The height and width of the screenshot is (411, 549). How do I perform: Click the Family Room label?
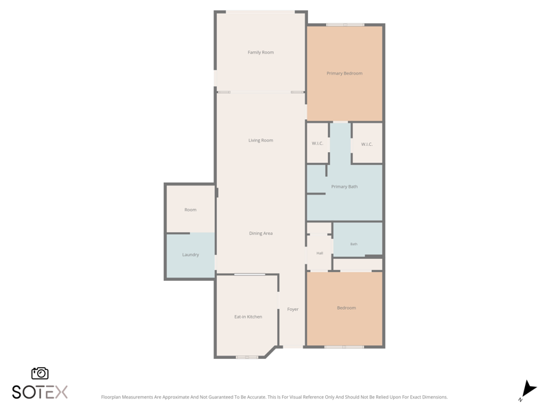tap(261, 53)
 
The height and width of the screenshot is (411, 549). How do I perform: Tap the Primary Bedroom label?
tap(344, 73)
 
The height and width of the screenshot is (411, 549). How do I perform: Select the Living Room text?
tap(261, 140)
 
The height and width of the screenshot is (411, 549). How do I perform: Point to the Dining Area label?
tap(261, 234)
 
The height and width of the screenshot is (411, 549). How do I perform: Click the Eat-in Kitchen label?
tap(248, 317)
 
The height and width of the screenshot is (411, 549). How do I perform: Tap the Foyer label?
tap(293, 310)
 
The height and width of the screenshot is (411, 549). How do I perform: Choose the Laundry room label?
tap(191, 255)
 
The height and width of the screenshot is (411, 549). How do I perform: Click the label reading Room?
tap(190, 210)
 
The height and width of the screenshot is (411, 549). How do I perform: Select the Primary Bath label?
tap(344, 186)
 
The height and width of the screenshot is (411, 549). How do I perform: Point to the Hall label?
tap(320, 253)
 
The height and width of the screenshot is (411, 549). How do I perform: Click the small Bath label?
tap(353, 245)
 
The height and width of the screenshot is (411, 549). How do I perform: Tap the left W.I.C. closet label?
tap(317, 143)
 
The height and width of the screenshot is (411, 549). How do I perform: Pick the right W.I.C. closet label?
tap(366, 145)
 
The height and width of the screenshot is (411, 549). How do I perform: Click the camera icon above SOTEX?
tap(40, 373)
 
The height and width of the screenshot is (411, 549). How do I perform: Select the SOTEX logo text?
tap(40, 392)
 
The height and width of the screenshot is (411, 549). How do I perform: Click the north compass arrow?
tap(528, 390)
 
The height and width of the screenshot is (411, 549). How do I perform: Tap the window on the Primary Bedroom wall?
tap(345, 25)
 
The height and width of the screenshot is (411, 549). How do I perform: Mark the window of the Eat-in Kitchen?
tap(247, 357)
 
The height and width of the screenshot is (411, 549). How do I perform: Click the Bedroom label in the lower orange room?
tap(347, 308)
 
